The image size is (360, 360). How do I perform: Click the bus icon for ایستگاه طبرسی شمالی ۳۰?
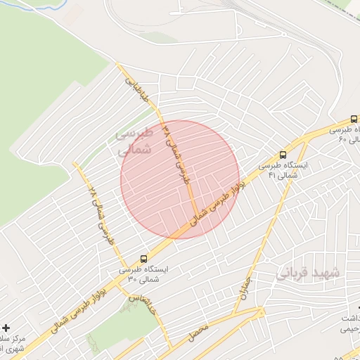[x=144, y=259]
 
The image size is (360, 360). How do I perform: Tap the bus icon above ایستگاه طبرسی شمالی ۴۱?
[x=283, y=155]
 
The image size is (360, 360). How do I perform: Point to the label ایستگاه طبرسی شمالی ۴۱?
[x=278, y=170]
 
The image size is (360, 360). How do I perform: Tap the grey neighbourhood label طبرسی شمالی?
[x=134, y=141]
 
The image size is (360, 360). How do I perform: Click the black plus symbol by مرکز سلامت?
[x=6, y=328]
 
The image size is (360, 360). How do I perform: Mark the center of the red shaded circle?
[x=180, y=179]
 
